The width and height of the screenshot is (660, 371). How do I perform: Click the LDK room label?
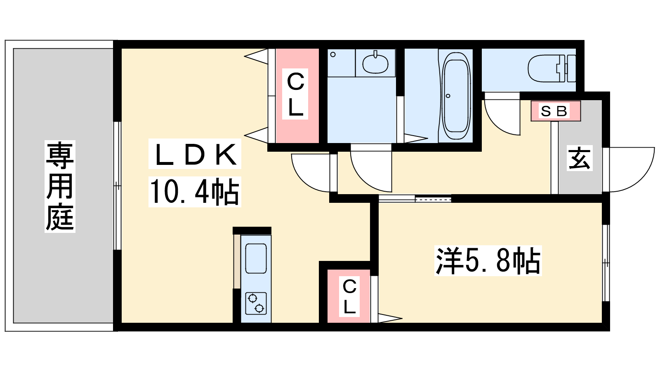(x=195, y=154)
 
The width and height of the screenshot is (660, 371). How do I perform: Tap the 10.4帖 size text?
(x=194, y=192)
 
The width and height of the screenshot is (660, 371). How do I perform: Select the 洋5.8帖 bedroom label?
(x=488, y=261)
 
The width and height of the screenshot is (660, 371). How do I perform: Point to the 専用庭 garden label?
(x=60, y=186)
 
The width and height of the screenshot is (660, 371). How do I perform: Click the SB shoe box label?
(x=554, y=111)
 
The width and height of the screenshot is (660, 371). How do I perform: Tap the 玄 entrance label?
(x=580, y=158)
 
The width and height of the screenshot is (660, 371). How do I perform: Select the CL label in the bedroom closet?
(x=349, y=297)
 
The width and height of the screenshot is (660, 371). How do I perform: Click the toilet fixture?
(x=552, y=68)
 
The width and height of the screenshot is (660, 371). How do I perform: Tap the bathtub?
(x=456, y=96)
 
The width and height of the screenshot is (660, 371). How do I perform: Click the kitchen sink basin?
(x=256, y=258)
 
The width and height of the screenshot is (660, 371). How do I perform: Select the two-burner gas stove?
(x=256, y=303)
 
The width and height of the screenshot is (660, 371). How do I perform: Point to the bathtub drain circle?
(x=448, y=96)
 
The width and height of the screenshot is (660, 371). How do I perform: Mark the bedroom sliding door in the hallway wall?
(x=415, y=199)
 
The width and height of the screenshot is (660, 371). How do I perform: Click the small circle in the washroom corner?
(x=333, y=54)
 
